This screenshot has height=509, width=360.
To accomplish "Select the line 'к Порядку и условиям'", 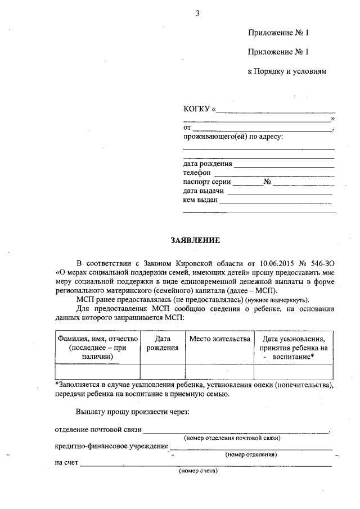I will pyautogui.click(x=287, y=72).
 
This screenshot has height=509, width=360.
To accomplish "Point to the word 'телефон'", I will pyautogui.click(x=197, y=173).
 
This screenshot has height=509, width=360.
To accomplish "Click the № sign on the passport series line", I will pyautogui.click(x=268, y=182).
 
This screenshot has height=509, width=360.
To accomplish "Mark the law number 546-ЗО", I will pyautogui.click(x=321, y=263).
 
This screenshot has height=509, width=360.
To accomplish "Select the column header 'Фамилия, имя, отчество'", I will pyautogui.click(x=97, y=339).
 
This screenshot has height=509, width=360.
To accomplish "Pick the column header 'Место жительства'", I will pyautogui.click(x=219, y=339).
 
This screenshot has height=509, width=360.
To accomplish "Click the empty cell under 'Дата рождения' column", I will pyautogui.click(x=163, y=372).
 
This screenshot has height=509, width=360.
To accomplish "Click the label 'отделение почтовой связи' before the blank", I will pyautogui.click(x=98, y=430).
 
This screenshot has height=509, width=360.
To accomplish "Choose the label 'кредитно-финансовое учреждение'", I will pyautogui.click(x=111, y=446).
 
